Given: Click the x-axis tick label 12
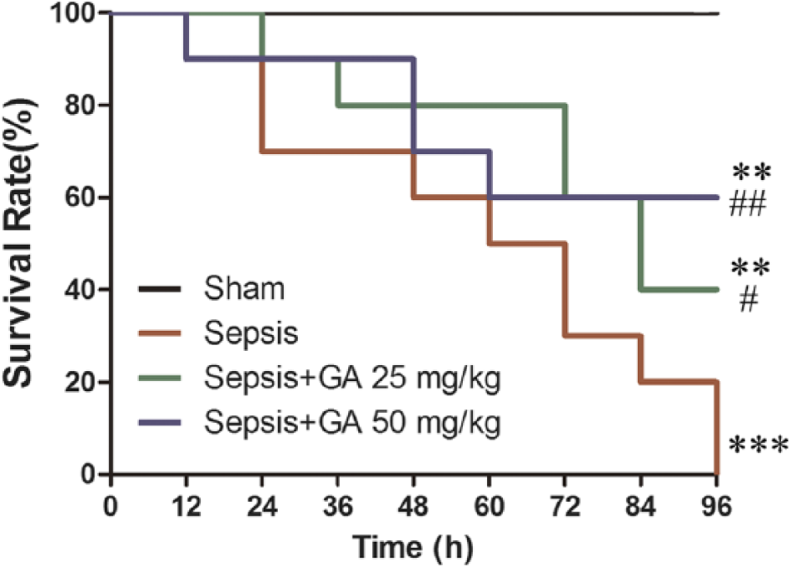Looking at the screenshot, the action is tap(187, 506).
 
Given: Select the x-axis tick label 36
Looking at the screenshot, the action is tap(337, 506).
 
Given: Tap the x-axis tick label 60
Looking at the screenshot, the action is tap(489, 506).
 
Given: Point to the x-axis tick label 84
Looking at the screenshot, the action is tap(640, 506).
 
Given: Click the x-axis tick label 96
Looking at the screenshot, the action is tap(716, 506).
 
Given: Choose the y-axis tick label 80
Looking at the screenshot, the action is tap(82, 106).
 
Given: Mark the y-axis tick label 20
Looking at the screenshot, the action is tap(82, 382).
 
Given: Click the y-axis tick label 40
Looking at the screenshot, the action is tap(82, 290).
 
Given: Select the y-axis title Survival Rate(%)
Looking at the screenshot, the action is tap(19, 243).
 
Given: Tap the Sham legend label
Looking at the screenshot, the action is tap(244, 288).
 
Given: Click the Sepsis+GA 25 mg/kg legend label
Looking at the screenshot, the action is tap(352, 378).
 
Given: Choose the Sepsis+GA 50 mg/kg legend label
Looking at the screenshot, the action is tap(352, 422).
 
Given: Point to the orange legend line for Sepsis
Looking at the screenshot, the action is tap(160, 333).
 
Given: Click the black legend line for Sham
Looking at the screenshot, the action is tap(160, 289).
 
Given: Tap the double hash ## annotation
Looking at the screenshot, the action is tap(747, 204).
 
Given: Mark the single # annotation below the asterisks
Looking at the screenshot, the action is tap(749, 300).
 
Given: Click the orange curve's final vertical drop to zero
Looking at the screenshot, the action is tap(716, 428).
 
